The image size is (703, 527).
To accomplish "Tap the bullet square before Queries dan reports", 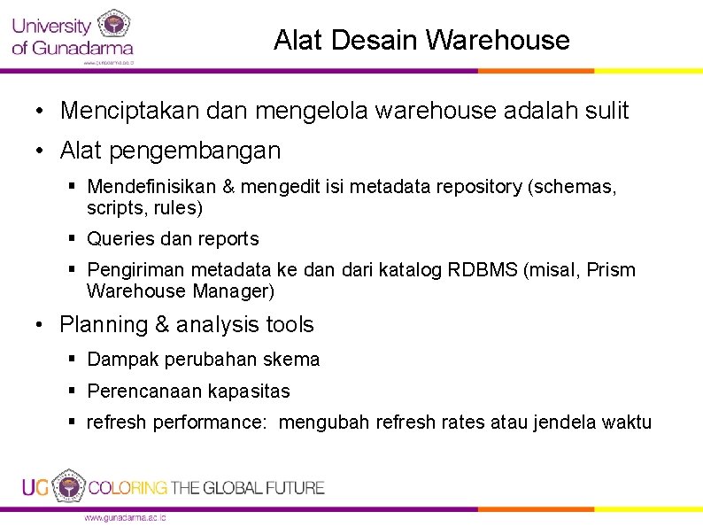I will (x=74, y=238).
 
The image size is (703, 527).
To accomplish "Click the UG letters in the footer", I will (x=36, y=487).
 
